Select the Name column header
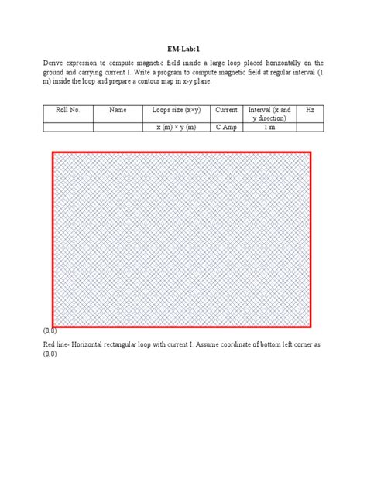[118, 111]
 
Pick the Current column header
[226, 111]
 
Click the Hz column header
[310, 111]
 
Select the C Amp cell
[226, 127]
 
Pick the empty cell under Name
[118, 127]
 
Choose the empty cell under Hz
[310, 127]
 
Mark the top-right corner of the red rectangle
[311, 152]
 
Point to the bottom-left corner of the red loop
[53, 326]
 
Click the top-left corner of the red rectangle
[53, 152]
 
